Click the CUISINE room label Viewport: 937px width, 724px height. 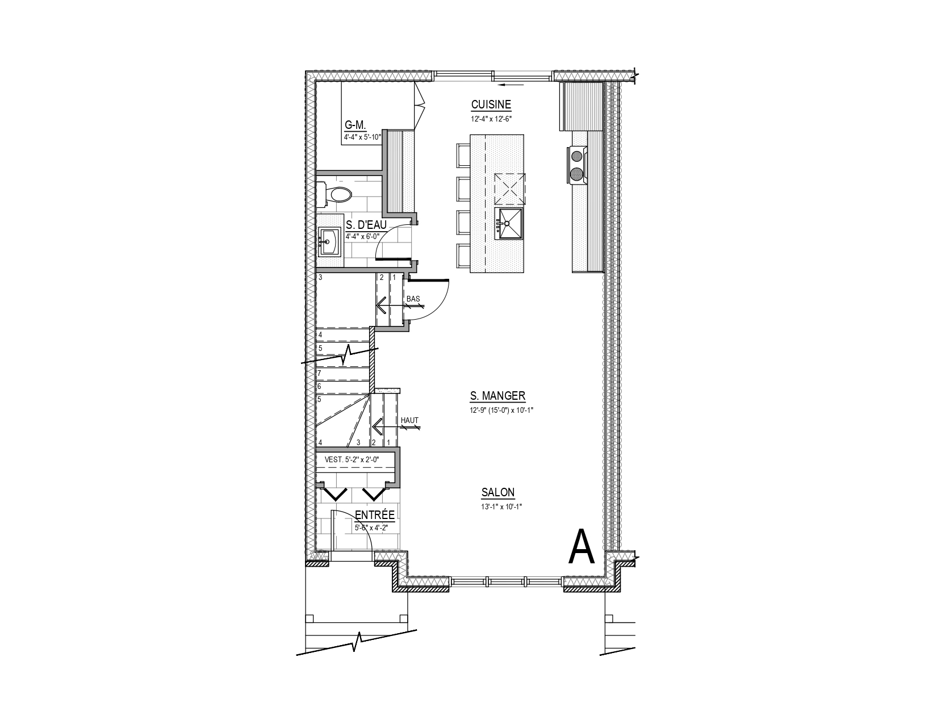coord(491,104)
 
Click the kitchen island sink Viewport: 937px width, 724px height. coord(508,223)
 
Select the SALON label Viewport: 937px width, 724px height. coord(498,492)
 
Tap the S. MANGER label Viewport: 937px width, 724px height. coord(497,396)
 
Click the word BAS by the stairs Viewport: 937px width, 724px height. coord(413,299)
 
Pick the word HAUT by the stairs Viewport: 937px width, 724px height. coord(409,420)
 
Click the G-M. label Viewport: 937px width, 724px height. coord(355,125)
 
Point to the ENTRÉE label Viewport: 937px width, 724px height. coord(375,515)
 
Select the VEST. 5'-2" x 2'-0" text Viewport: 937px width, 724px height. coord(352,459)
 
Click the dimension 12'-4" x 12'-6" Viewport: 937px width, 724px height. coord(491,119)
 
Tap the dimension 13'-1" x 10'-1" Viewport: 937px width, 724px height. coord(501,507)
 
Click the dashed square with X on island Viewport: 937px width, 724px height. coord(510,189)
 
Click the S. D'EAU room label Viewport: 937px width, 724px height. coord(366,225)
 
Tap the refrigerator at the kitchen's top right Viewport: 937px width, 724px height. coord(581,107)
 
